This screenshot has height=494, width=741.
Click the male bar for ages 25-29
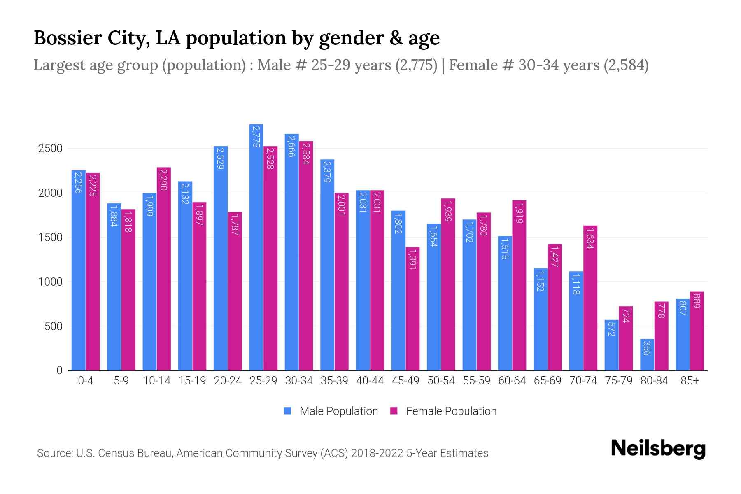click(256, 247)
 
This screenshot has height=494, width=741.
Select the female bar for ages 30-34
click(306, 255)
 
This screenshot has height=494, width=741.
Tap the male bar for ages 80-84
click(647, 355)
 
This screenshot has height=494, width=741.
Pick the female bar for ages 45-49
click(412, 309)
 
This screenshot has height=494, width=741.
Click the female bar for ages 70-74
click(590, 298)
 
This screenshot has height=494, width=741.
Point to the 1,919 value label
click(519, 213)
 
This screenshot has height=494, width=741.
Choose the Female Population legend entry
click(443, 411)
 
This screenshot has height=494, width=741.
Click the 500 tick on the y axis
click(53, 326)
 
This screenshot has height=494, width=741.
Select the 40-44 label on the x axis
click(370, 381)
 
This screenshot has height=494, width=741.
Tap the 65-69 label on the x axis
click(547, 381)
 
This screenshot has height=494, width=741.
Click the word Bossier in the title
click(68, 38)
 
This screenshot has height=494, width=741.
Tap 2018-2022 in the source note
click(377, 453)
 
